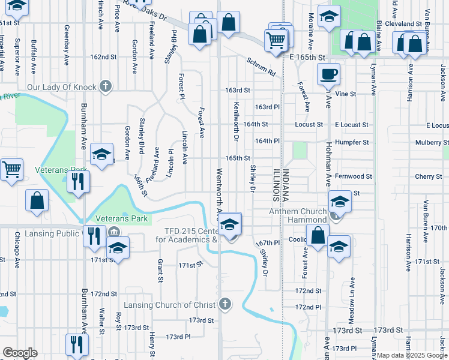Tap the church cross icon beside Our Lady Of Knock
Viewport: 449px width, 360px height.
coord(106,87)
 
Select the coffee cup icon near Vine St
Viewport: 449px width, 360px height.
coord(328,75)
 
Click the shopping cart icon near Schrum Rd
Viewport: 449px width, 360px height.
coord(276,41)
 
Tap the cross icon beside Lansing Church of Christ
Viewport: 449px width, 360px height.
coord(225,305)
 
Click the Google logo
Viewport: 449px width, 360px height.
coord(19,353)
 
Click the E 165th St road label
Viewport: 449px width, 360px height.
coord(307,57)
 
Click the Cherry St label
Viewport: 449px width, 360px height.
coord(428,176)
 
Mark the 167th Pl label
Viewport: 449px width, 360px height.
coord(268,243)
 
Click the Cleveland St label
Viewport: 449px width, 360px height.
coord(418,24)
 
